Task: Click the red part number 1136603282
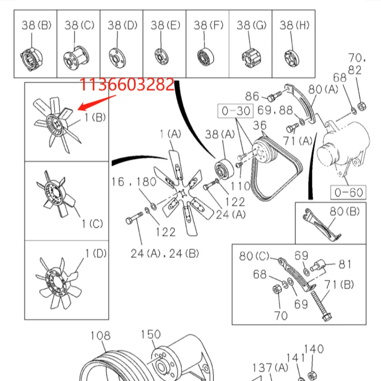[x=127, y=84]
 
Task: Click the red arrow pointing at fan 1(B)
[x=97, y=102]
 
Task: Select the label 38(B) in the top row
[x=36, y=25]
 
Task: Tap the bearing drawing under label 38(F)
[x=206, y=57]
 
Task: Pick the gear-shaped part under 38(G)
[x=251, y=59]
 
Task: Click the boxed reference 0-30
[x=236, y=111]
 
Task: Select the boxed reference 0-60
[x=349, y=193]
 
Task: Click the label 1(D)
[x=96, y=253]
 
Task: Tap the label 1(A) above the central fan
[x=170, y=134]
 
